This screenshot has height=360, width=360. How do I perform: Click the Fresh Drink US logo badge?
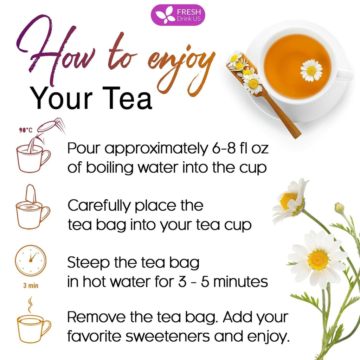tap(178, 15)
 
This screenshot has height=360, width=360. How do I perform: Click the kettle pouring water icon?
tap(51, 127)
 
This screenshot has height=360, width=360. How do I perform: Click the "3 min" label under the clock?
tap(31, 285)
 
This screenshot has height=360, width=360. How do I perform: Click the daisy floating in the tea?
tap(311, 70)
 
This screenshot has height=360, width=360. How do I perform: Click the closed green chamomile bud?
tap(339, 208)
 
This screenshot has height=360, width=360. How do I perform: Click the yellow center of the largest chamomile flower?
tap(318, 260)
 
